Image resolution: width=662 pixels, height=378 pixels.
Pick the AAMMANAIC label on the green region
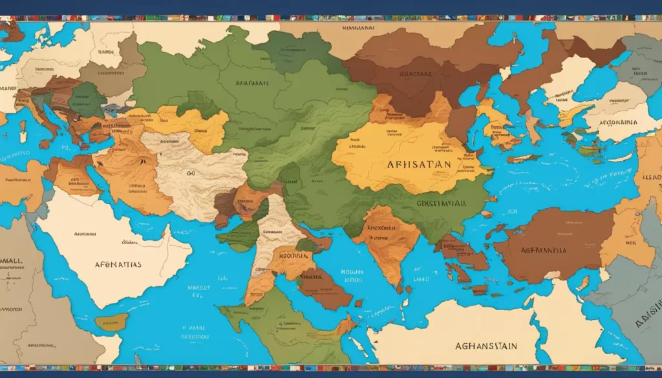pyautogui.click(x=252, y=83)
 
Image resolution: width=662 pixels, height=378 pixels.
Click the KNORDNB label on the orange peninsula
pyautogui.click(x=382, y=227)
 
